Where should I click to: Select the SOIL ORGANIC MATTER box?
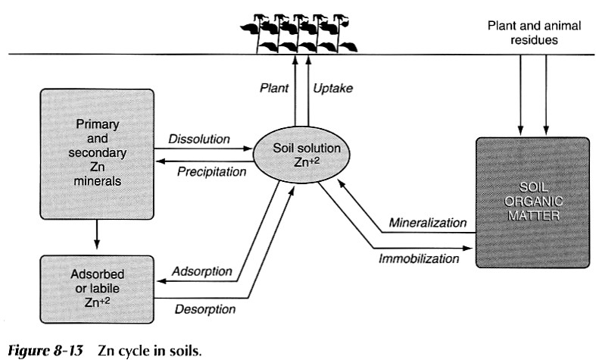pyautogui.click(x=532, y=202)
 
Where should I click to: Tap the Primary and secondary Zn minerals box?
pyautogui.click(x=96, y=151)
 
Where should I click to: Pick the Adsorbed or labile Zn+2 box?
pyautogui.click(x=96, y=280)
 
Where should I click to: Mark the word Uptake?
pyautogui.click(x=332, y=88)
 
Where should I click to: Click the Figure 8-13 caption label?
pyautogui.click(x=47, y=349)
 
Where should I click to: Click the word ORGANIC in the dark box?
pyautogui.click(x=532, y=202)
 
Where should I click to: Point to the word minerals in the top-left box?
pyautogui.click(x=96, y=182)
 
